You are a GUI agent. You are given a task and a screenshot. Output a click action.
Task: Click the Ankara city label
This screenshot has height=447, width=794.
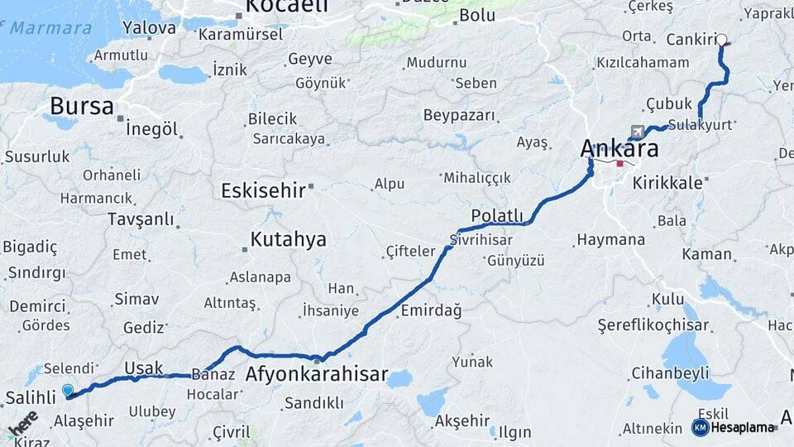(619, 149)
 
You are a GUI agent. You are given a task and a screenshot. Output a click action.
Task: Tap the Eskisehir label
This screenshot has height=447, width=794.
(263, 191)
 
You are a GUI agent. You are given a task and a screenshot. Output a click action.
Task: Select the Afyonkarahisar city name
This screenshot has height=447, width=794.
(316, 375)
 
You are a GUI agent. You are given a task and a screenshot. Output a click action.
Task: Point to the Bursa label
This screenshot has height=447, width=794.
(81, 106)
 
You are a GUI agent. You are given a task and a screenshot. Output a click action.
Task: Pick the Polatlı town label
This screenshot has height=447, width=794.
(497, 216)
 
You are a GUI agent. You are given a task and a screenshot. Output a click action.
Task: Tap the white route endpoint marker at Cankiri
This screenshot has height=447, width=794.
(721, 40)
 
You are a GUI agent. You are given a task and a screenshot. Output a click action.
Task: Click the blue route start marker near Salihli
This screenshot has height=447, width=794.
(67, 390)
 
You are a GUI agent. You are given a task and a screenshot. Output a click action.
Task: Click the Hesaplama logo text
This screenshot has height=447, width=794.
(744, 428)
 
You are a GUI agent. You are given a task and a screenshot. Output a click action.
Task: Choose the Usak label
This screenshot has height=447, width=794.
(143, 368)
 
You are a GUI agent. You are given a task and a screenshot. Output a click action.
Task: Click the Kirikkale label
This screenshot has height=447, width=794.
(667, 182)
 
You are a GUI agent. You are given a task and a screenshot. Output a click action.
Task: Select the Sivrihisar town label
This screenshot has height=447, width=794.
(481, 240)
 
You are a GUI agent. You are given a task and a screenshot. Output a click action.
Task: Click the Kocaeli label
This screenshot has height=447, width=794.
(281, 7)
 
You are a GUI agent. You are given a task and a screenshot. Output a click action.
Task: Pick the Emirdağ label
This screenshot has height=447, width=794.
(430, 310)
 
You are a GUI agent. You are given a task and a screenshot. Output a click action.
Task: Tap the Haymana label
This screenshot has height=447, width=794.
(610, 240)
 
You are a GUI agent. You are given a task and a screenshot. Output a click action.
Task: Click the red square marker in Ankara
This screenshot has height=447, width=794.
(619, 164)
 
